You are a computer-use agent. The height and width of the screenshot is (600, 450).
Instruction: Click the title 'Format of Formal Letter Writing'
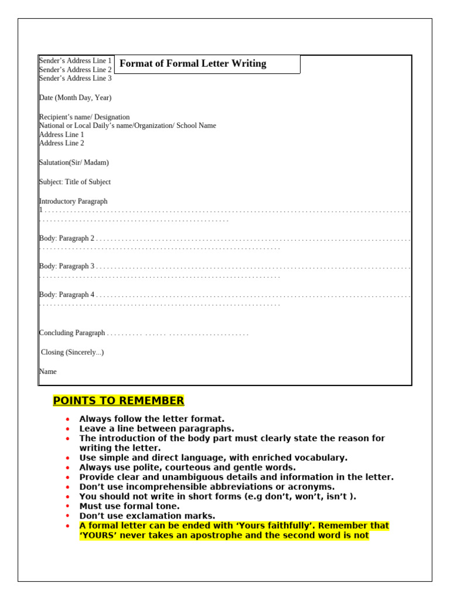coord(193,64)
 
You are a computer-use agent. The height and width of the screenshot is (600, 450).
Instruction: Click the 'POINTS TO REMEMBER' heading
coord(118,401)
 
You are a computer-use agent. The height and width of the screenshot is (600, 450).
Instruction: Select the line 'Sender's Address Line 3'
coord(75,79)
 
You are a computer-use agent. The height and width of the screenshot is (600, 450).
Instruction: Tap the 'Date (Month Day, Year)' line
coord(75,98)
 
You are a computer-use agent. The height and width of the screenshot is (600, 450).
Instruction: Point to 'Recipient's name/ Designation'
coord(84,117)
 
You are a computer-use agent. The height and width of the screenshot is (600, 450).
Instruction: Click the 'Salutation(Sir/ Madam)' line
coord(74,162)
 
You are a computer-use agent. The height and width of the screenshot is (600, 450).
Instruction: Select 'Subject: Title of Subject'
coord(75,182)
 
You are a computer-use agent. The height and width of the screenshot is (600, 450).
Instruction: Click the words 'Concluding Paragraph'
coord(72,333)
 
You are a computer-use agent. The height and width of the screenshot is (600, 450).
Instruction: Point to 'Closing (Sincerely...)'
coord(72,352)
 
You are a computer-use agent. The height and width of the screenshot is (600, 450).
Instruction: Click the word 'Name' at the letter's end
coord(48,371)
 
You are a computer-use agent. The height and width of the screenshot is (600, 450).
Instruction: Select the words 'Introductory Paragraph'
coord(73,201)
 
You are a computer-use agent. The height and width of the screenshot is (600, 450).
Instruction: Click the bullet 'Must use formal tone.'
coord(129,506)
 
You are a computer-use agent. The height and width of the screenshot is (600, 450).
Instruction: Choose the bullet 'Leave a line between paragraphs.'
coord(156,429)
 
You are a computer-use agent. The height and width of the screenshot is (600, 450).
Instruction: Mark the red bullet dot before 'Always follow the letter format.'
coord(68,420)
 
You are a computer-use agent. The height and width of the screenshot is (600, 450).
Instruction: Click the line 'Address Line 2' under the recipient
coord(62,143)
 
